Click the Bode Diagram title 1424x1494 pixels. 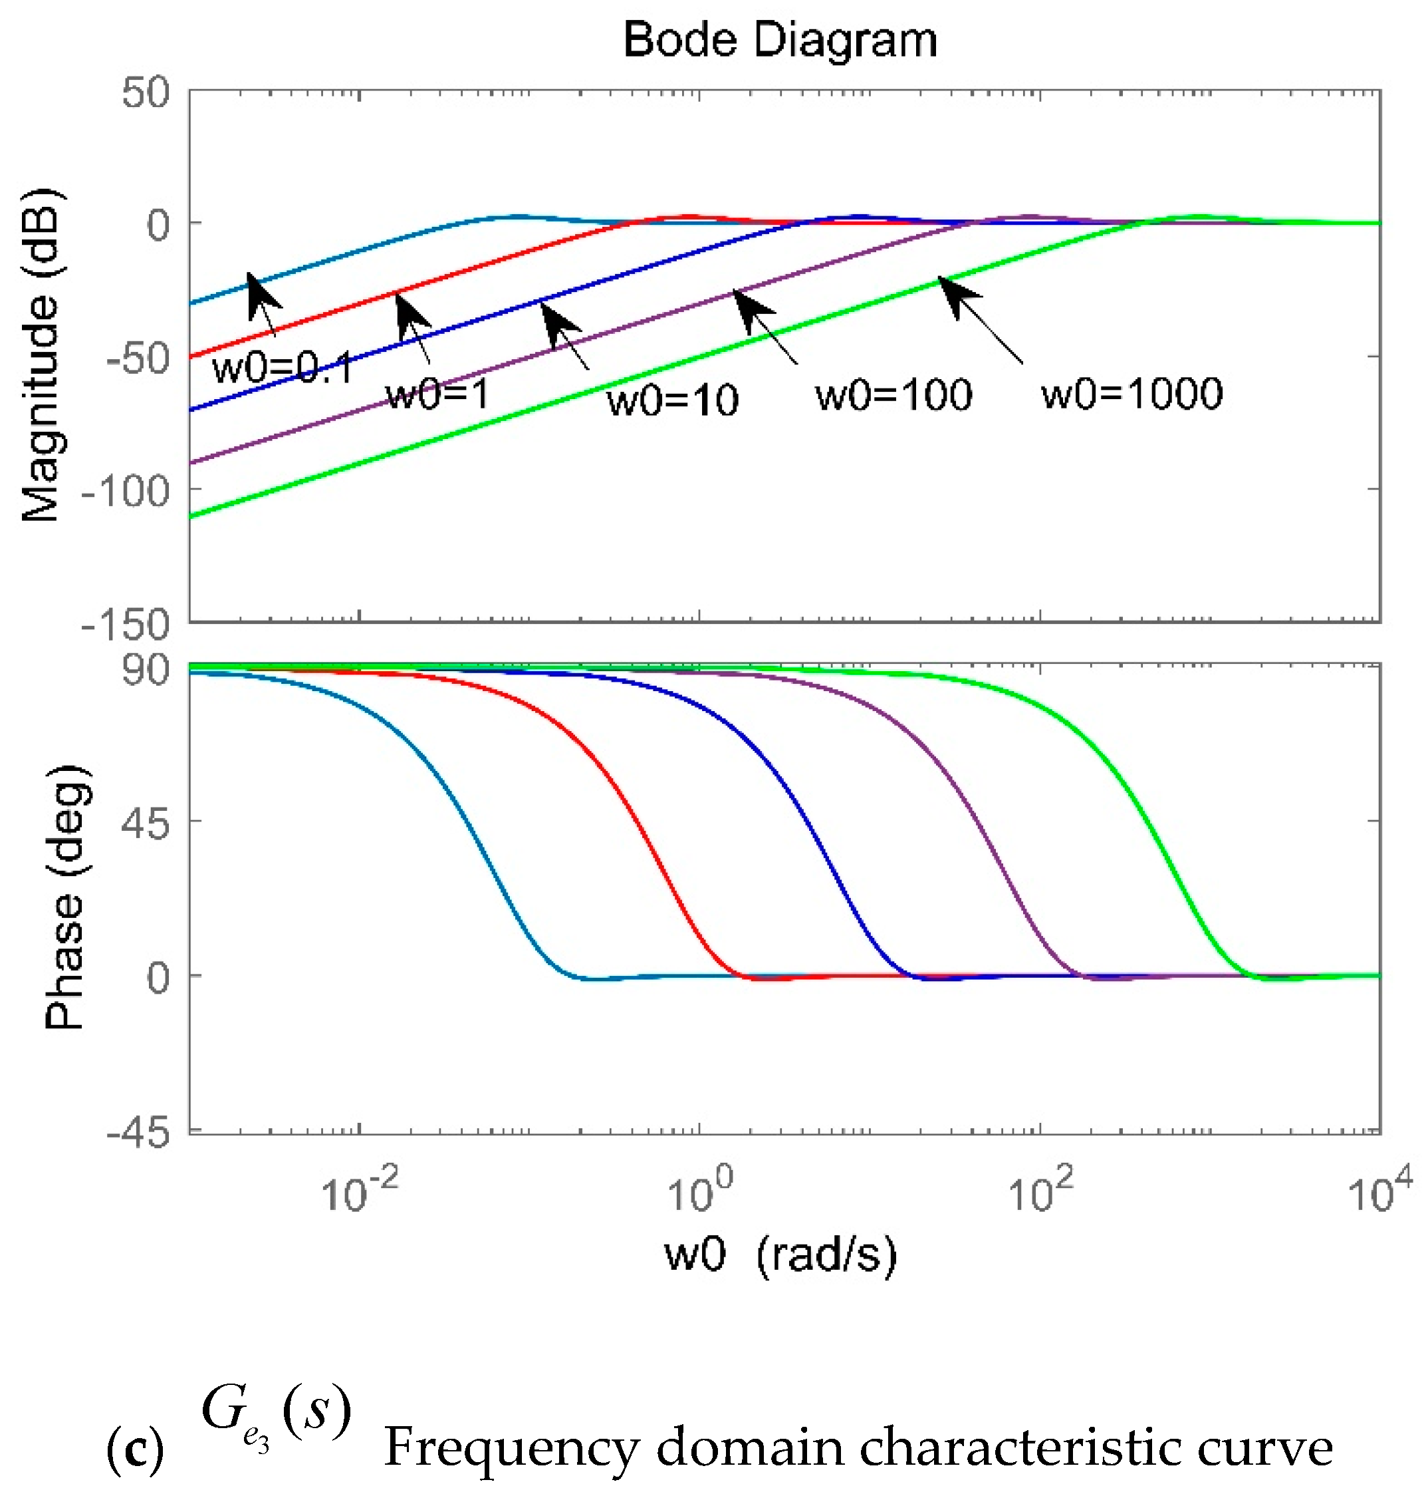pyautogui.click(x=780, y=41)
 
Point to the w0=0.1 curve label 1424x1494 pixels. pyautogui.click(x=283, y=369)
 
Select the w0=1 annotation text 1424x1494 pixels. pyautogui.click(x=438, y=394)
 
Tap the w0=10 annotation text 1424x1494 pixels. pyautogui.click(x=671, y=400)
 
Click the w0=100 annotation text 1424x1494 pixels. pyautogui.click(x=893, y=394)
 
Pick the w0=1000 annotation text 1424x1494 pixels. pyautogui.click(x=1131, y=392)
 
